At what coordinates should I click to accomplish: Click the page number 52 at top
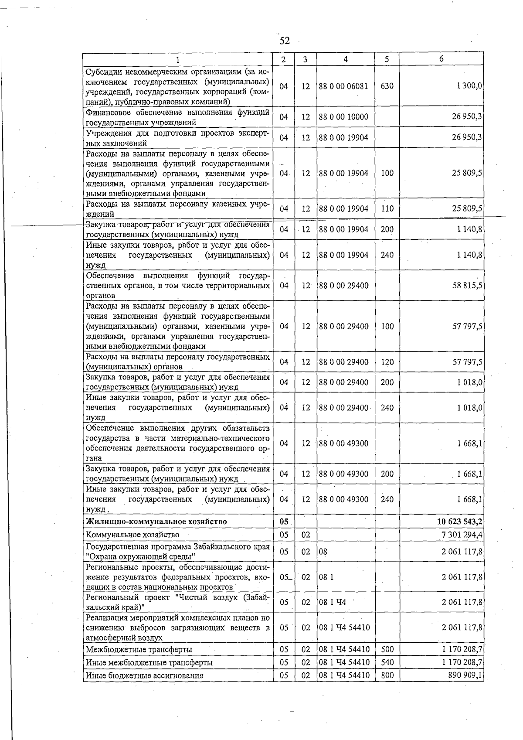285,41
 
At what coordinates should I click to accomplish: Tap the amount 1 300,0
469,86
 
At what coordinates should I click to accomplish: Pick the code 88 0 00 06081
343,86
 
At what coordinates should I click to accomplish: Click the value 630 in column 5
387,86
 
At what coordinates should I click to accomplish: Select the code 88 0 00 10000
343,117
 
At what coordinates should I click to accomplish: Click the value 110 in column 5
387,209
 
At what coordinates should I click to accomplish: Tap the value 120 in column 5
387,362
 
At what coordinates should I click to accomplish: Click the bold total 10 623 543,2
459,522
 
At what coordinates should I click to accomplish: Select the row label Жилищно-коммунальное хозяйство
156,522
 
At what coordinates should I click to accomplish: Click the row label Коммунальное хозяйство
132,535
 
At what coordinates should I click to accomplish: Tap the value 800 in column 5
387,675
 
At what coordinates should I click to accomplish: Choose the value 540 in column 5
387,662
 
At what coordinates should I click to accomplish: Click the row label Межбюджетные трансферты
139,650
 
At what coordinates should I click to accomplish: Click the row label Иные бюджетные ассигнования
145,675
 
